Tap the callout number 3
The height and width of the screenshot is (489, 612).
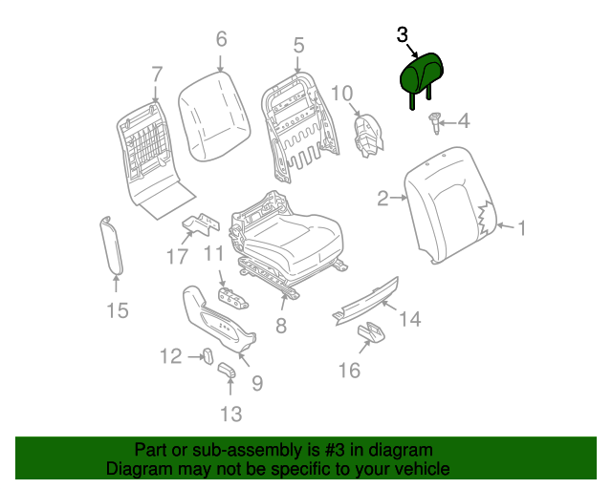click(x=403, y=35)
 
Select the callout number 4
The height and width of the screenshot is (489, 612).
click(x=464, y=121)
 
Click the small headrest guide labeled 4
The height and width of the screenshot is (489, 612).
click(x=433, y=120)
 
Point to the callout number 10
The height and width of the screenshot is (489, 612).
click(x=342, y=93)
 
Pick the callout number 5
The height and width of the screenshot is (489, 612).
click(x=298, y=44)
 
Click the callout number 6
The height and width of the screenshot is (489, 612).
click(x=221, y=39)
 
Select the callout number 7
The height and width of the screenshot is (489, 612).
click(x=156, y=73)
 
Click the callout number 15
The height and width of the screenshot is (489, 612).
click(x=116, y=309)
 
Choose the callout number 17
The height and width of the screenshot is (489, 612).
click(x=177, y=256)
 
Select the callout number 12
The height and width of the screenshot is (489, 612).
click(x=170, y=356)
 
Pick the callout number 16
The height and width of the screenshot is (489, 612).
click(x=350, y=369)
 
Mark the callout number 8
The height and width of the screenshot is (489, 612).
click(x=280, y=326)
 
